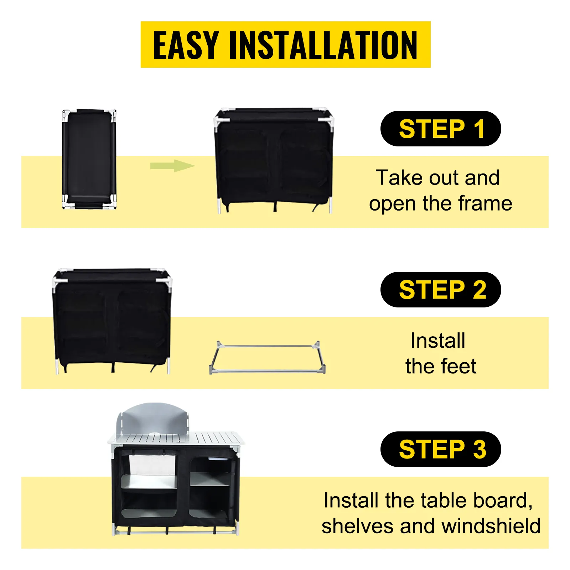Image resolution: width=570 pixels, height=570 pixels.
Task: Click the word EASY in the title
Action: (186, 45)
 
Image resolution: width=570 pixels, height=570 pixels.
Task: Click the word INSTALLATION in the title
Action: (323, 45)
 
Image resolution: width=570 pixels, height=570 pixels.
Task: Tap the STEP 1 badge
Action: (441, 129)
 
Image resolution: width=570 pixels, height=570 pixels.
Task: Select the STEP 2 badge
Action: (441, 290)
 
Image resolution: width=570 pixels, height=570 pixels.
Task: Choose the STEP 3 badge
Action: (441, 449)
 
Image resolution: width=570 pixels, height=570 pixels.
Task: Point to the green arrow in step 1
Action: (172, 166)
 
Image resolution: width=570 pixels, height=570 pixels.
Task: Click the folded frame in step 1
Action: (89, 159)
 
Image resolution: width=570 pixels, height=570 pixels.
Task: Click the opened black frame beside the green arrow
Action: (274, 160)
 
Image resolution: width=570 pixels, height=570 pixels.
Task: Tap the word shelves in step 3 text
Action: (357, 526)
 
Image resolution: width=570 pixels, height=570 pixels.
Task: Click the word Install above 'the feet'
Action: (438, 341)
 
